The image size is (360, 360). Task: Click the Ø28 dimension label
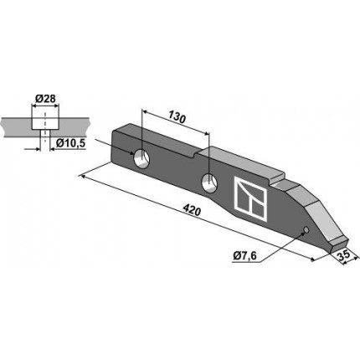coord(46,99)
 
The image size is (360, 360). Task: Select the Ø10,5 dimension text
coord(70,143)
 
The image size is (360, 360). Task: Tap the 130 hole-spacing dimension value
coord(177,118)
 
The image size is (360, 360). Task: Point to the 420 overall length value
coord(192,210)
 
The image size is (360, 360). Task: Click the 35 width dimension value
coord(345,255)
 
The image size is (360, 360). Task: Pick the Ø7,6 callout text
coord(244,255)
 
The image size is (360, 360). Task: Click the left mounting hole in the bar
coord(141,159)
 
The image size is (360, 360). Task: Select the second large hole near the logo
coord(209,183)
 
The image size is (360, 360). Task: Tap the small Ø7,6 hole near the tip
coord(306,230)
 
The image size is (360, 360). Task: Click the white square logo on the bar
coord(249,198)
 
